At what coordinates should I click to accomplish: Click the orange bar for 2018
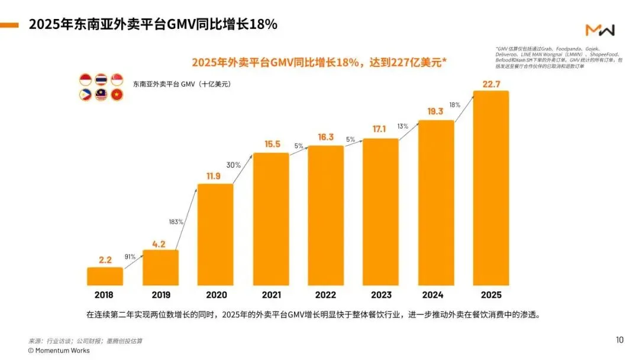(x=105, y=276)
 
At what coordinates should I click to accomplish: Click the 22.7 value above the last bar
(x=491, y=84)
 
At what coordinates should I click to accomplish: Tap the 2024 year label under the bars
(x=435, y=294)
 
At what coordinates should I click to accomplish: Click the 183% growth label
(x=176, y=222)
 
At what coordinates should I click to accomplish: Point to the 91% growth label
(x=130, y=257)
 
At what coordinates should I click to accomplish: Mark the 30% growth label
(x=234, y=165)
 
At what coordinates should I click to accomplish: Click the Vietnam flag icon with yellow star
(x=117, y=94)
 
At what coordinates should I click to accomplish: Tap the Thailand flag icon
(x=101, y=79)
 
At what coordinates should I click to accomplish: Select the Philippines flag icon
(x=85, y=94)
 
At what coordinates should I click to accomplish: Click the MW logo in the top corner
(x=600, y=30)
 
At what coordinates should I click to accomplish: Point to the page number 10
(x=619, y=340)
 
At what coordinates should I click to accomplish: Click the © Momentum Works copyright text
(x=59, y=351)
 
